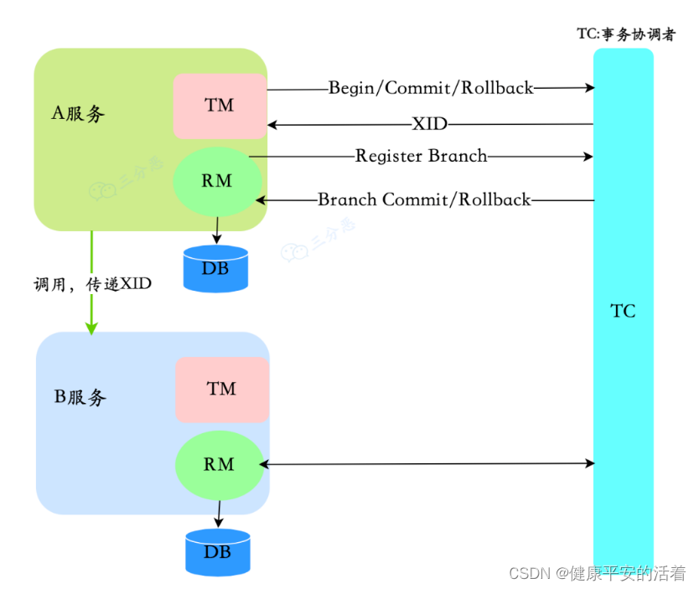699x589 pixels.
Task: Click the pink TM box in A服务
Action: click(220, 106)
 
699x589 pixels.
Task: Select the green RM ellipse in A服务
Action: click(217, 180)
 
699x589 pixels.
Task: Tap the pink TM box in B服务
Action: click(222, 390)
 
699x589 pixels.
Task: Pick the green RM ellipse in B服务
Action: click(219, 464)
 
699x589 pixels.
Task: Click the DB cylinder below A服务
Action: click(216, 269)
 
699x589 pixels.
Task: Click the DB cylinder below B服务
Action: click(218, 552)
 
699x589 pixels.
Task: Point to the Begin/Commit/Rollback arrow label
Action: click(430, 87)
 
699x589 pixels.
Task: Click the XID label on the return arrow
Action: click(429, 125)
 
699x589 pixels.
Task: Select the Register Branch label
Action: click(421, 156)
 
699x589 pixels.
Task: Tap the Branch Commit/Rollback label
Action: click(424, 200)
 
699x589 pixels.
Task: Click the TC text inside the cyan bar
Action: click(623, 312)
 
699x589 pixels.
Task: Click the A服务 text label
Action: click(79, 114)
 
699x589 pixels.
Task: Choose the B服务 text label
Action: click(80, 397)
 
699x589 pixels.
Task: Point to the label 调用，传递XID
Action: click(92, 284)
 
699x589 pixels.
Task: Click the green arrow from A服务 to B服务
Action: click(91, 285)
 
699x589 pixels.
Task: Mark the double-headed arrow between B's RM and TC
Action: click(427, 463)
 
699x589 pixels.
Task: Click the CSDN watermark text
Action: click(597, 573)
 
